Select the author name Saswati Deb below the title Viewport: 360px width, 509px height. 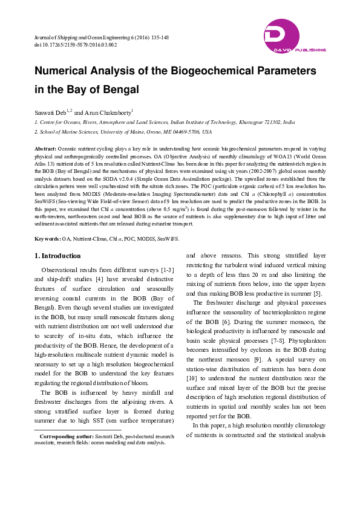point(49,112)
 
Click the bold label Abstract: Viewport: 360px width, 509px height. point(45,148)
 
